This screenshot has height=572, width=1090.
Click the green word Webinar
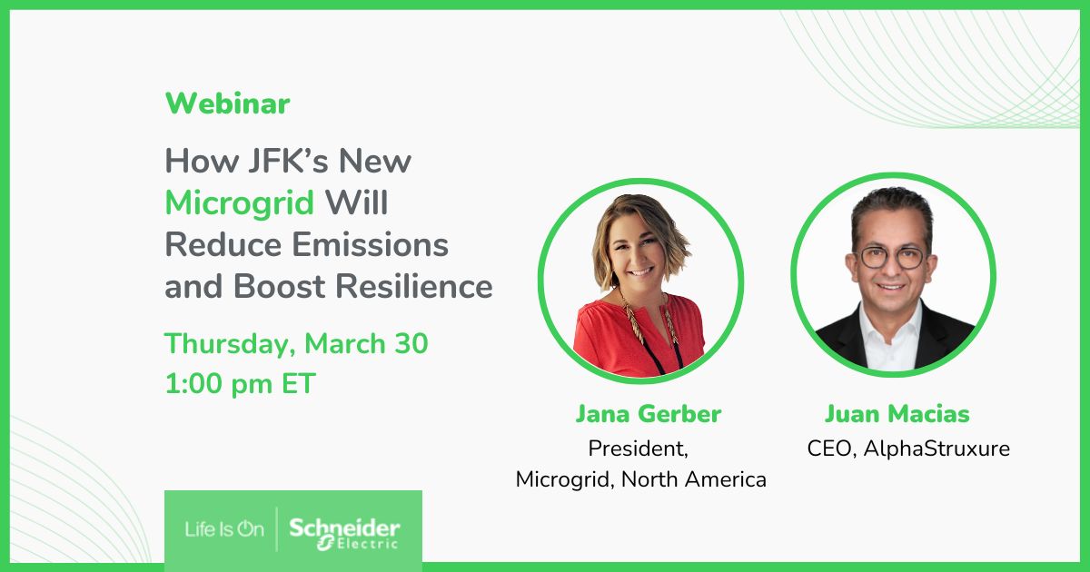[x=227, y=104]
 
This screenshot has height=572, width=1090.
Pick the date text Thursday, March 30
[x=296, y=344]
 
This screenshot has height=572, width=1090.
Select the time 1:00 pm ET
[x=240, y=384]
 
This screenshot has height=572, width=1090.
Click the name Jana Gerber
[x=648, y=415]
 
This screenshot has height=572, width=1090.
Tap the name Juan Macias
[x=897, y=415]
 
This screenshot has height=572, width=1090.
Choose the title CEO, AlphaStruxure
[x=908, y=449]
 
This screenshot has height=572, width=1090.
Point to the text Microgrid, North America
[x=640, y=479]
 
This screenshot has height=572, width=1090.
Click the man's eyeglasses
[x=891, y=256]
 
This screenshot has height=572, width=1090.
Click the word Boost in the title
[x=282, y=287]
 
